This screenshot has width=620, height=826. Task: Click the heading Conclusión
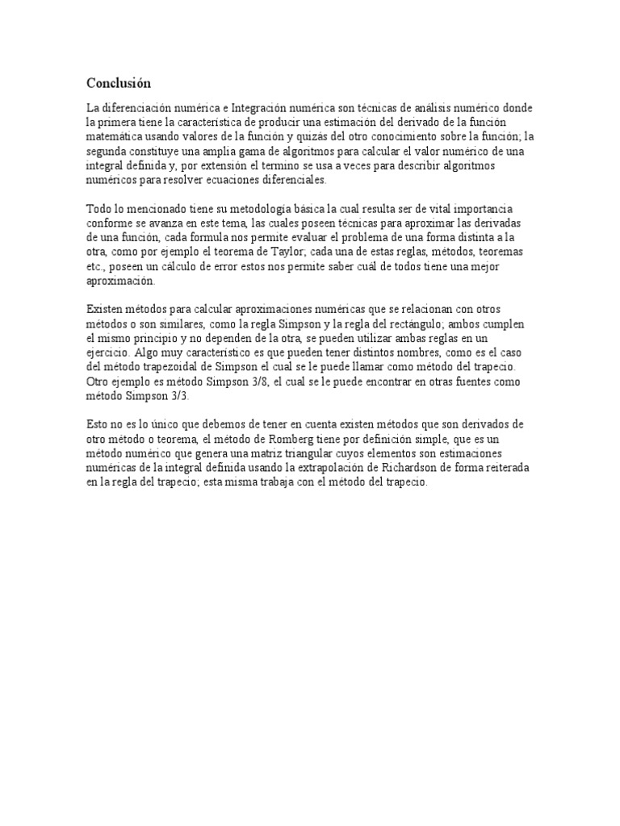pos(119,83)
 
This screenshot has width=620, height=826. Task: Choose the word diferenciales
pos(287,180)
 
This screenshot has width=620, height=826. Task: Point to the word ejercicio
pos(111,354)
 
